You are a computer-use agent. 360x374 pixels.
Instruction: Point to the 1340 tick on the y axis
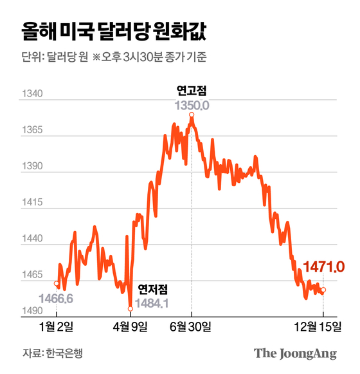(33, 95)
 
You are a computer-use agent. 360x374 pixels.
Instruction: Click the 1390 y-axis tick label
(33, 167)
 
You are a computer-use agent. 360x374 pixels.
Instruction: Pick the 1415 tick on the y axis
(33, 203)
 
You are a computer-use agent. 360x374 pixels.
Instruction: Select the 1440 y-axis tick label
(33, 239)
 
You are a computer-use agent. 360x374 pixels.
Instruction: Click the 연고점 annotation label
(192, 89)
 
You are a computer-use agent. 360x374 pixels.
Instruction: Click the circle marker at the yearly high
(192, 115)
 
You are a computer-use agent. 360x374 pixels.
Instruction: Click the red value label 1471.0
(324, 266)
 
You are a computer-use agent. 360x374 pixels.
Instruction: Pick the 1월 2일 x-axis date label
(56, 326)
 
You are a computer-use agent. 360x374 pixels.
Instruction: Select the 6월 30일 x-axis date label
(191, 326)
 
